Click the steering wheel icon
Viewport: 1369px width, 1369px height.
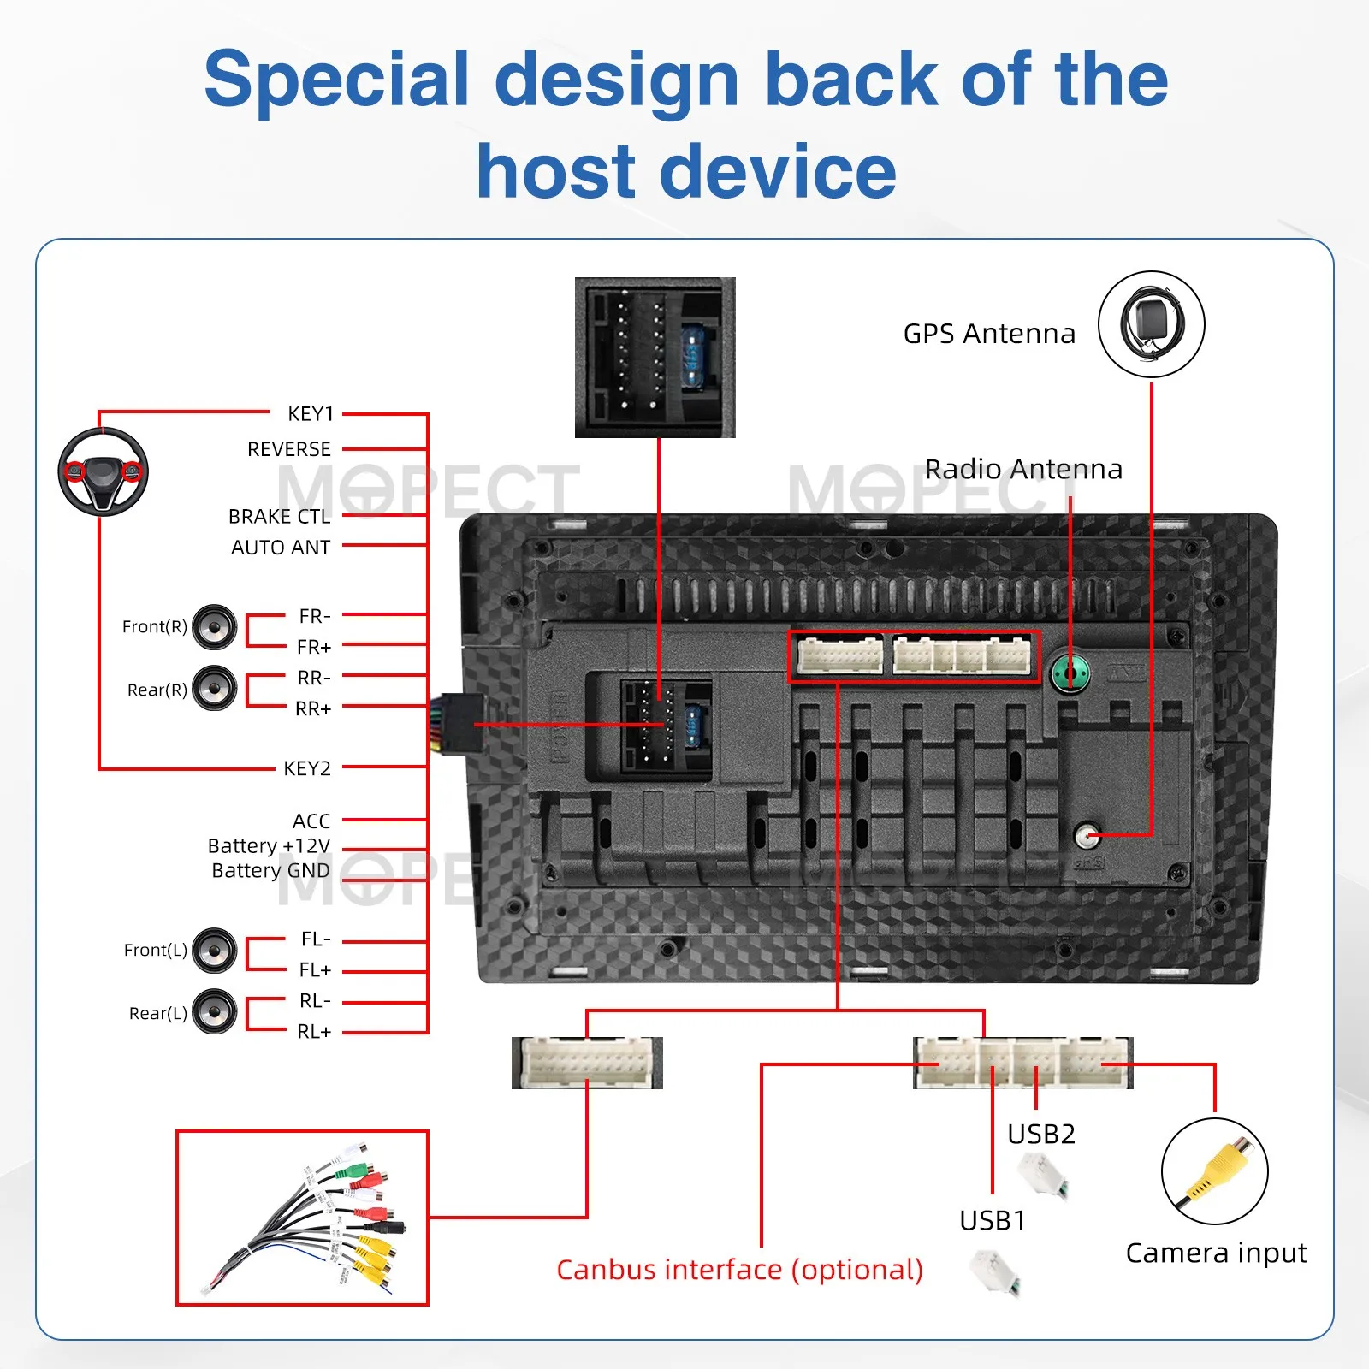tap(103, 471)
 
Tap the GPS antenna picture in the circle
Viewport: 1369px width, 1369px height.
tap(1152, 324)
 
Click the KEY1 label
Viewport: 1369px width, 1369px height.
tap(311, 414)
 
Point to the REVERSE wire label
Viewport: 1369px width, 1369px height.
tap(289, 449)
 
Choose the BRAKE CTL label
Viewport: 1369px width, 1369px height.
tap(279, 517)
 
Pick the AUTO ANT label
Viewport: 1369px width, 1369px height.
tap(281, 548)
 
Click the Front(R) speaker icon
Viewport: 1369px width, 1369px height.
tap(214, 626)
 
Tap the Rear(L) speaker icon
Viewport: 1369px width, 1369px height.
tap(214, 1011)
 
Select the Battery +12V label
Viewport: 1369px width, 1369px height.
tap(269, 846)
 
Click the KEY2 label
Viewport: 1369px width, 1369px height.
tap(307, 768)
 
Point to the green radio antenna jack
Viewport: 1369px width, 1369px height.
tap(1070, 673)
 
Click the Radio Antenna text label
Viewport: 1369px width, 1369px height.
tap(1023, 469)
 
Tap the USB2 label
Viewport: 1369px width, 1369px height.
tap(1041, 1134)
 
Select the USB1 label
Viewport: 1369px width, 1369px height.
tap(993, 1220)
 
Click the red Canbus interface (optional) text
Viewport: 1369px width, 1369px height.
tap(740, 1270)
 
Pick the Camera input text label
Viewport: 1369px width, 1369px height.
tap(1216, 1253)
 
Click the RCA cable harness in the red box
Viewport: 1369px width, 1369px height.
tap(302, 1218)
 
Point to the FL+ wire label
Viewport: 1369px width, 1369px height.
tap(315, 970)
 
